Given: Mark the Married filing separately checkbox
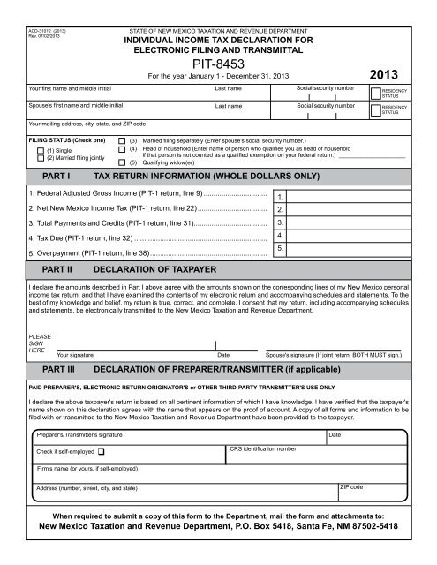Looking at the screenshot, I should point(121,140).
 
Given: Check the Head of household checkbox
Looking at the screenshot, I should point(121,149).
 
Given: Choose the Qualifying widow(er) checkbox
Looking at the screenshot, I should point(121,163).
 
